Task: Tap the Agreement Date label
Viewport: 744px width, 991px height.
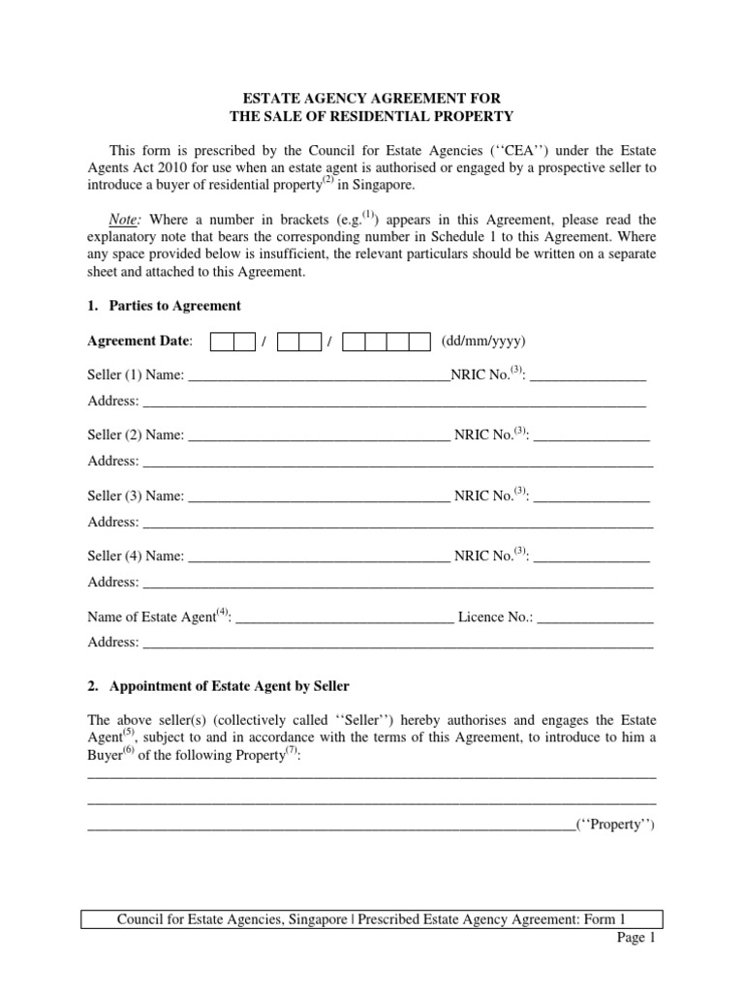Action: [139, 342]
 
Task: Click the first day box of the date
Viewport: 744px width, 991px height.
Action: [222, 342]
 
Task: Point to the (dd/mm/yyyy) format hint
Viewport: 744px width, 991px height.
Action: [483, 342]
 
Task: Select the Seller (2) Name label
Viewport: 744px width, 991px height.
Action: [136, 436]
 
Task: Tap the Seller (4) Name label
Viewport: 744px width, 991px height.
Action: [136, 556]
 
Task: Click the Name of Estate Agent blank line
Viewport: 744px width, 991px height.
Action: [344, 617]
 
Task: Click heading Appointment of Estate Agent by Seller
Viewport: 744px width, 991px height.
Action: [229, 686]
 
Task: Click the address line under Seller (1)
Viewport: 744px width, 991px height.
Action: [393, 402]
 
